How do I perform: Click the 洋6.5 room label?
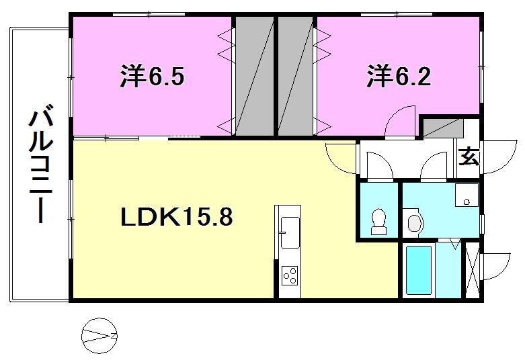tap(153, 77)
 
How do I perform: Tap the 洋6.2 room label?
tap(399, 77)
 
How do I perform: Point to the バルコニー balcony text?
tap(40, 164)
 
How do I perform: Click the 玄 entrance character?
tap(469, 156)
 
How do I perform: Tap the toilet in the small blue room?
tap(379, 222)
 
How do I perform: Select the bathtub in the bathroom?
tap(419, 270)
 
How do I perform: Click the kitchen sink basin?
tap(290, 232)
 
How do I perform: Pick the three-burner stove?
tap(290, 275)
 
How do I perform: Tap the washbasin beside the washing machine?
tap(415, 222)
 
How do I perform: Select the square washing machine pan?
tap(467, 195)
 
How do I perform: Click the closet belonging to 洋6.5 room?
tap(254, 77)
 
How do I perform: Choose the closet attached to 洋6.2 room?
tap(296, 77)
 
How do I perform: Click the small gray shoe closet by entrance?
tap(443, 128)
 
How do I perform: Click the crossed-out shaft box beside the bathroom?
tap(473, 270)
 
